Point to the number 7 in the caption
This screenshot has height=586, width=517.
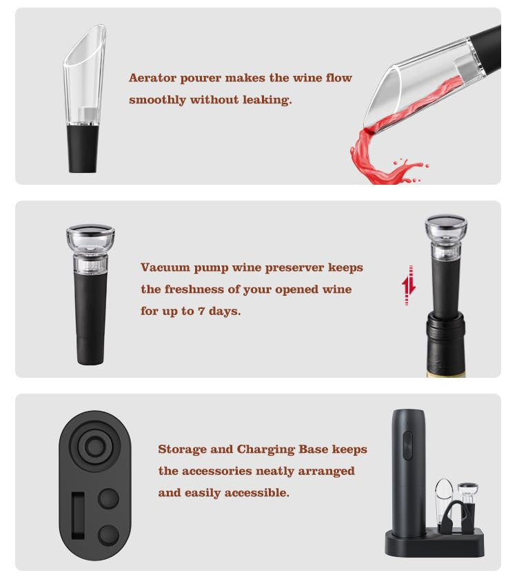[x=201, y=311]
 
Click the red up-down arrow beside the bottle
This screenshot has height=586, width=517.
[x=409, y=285]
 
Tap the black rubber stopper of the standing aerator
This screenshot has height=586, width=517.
[x=83, y=148]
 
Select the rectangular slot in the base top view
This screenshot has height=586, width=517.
[x=78, y=516]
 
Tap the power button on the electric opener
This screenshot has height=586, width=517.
[x=408, y=445]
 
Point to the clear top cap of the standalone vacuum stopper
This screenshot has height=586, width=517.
[x=90, y=239]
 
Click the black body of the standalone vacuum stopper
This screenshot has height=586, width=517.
[x=90, y=318]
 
